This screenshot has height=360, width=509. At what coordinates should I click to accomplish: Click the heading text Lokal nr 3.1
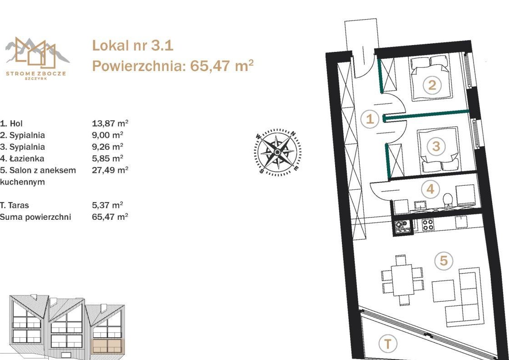pyautogui.click(x=133, y=46)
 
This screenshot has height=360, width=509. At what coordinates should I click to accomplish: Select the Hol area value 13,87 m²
pyautogui.click(x=110, y=123)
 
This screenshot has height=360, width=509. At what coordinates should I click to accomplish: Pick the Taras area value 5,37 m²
pyautogui.click(x=107, y=205)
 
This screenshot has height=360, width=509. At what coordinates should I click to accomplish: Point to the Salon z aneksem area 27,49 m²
pyautogui.click(x=110, y=170)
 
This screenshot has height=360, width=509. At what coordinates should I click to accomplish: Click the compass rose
pyautogui.click(x=278, y=152)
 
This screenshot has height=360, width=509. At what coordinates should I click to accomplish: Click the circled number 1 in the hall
pyautogui.click(x=370, y=119)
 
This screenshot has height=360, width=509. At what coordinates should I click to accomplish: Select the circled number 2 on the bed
pyautogui.click(x=432, y=85)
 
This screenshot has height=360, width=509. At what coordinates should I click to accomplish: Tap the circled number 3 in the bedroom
pyautogui.click(x=436, y=146)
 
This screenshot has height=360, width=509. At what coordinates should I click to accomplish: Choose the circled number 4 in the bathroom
pyautogui.click(x=430, y=189)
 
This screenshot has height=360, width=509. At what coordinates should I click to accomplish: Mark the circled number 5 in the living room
pyautogui.click(x=443, y=261)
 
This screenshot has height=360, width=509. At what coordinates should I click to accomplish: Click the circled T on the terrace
pyautogui.click(x=387, y=344)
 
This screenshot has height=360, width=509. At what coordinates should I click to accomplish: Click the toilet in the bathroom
pyautogui.click(x=448, y=200)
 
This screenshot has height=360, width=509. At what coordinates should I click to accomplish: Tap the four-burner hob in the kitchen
pyautogui.click(x=428, y=224)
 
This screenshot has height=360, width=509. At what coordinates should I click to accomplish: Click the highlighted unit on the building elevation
pyautogui.click(x=108, y=346)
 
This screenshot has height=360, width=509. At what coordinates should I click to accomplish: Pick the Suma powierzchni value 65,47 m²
pyautogui.click(x=110, y=217)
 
